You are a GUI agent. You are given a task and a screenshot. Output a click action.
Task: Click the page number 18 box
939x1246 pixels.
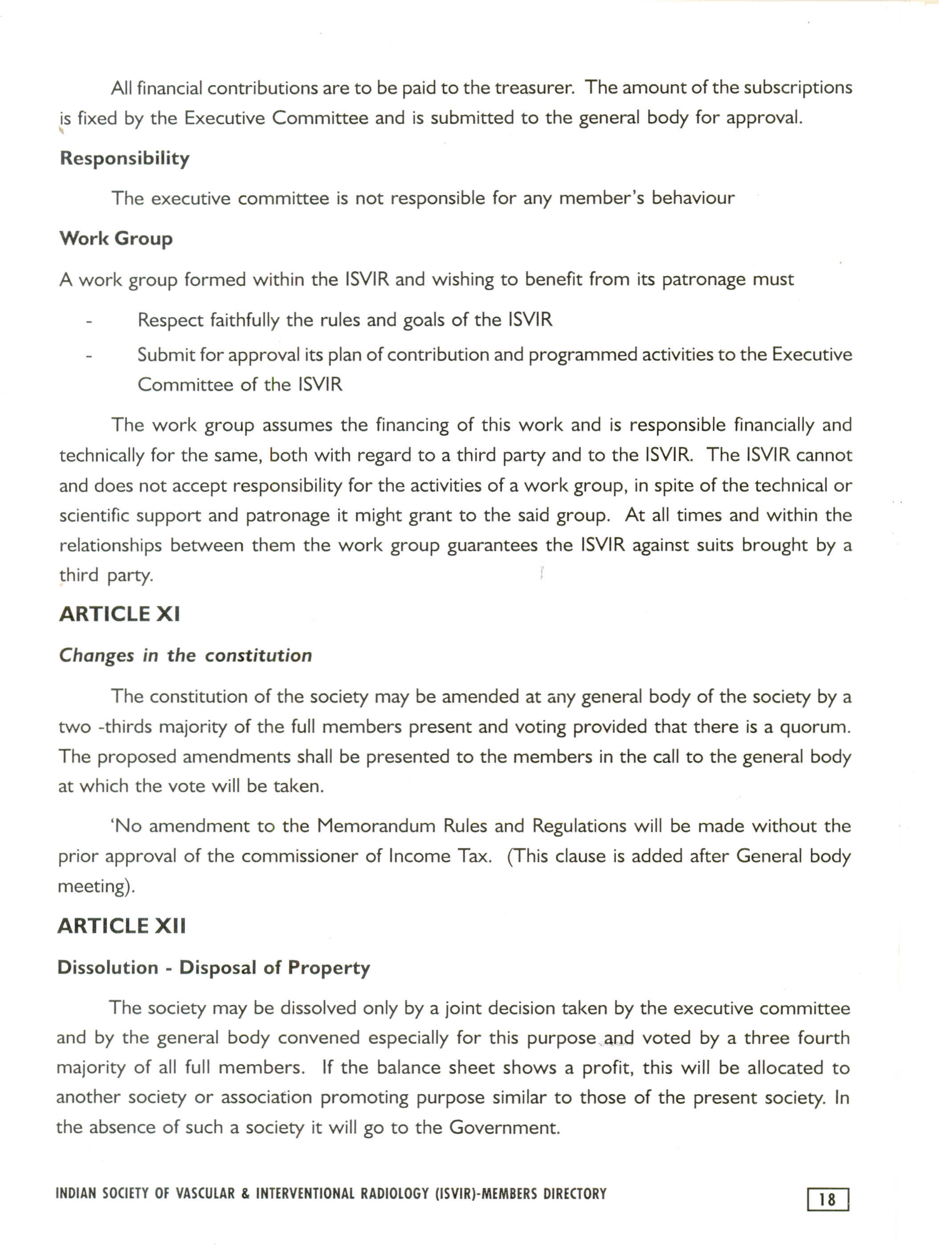pyautogui.click(x=827, y=1199)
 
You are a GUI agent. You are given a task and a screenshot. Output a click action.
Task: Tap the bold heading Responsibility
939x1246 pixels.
pyautogui.click(x=124, y=158)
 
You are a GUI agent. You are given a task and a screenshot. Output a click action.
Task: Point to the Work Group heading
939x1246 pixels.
pyautogui.click(x=116, y=238)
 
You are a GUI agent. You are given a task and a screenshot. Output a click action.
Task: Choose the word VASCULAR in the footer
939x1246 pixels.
pyautogui.click(x=205, y=1194)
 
